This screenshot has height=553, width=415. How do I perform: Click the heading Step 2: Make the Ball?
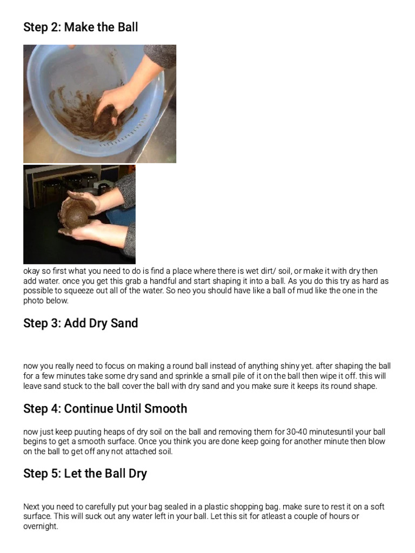pos(81,27)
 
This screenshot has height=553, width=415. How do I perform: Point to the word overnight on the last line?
pos(41,526)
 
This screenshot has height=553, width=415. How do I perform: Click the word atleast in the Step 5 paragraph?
pos(279,516)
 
